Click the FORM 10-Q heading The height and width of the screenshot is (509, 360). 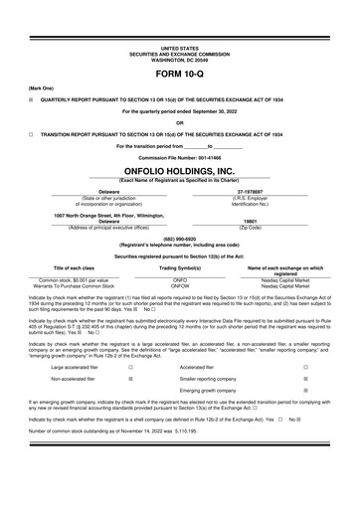[179, 76]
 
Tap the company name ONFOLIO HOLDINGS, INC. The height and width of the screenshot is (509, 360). [179, 171]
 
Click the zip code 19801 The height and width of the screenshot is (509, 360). [277, 221]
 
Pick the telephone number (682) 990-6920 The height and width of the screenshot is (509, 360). [179, 239]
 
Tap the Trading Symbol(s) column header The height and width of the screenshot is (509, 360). [180, 268]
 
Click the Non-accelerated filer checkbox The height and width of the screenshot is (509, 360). [130, 379]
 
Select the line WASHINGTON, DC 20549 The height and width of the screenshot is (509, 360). [179, 58]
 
